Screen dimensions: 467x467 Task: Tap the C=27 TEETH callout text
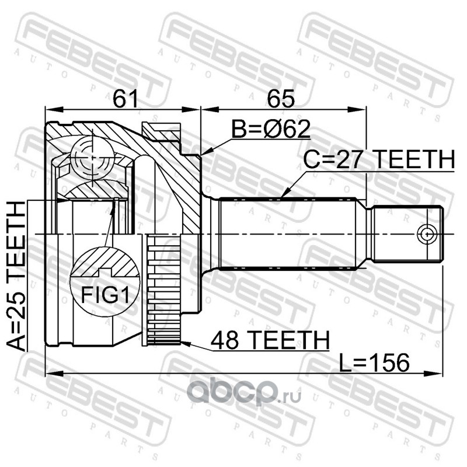point(378,160)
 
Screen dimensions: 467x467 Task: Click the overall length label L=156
point(372,363)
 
